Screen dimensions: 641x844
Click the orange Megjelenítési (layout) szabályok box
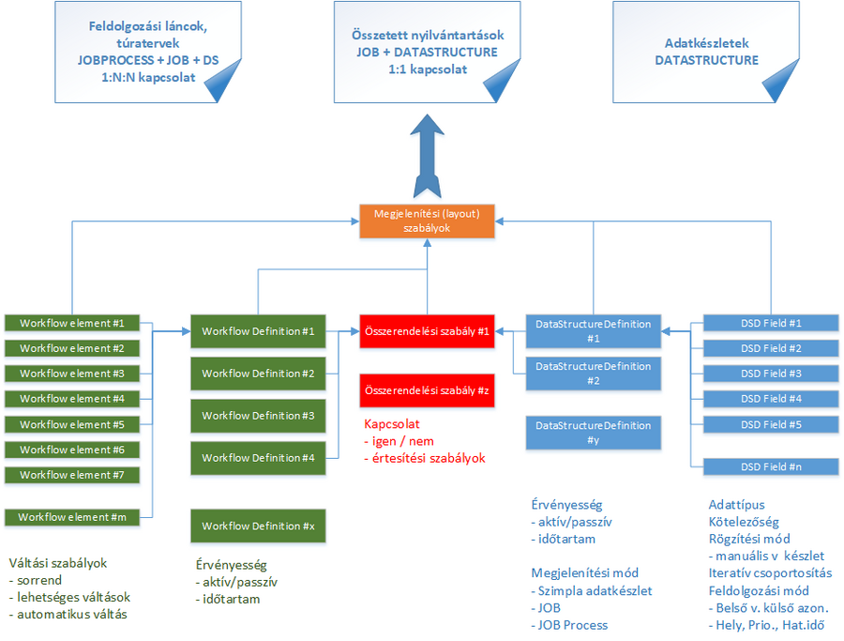click(x=427, y=221)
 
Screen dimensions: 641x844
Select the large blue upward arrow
click(x=427, y=156)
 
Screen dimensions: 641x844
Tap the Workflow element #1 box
click(x=72, y=323)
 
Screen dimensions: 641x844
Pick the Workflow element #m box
click(x=72, y=517)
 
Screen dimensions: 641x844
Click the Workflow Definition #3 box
click(x=258, y=416)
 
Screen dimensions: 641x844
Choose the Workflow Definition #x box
click(x=258, y=526)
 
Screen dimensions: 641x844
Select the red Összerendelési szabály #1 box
click(x=427, y=331)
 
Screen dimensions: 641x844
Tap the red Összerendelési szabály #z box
click(x=427, y=389)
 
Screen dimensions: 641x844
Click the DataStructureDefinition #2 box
click(x=593, y=374)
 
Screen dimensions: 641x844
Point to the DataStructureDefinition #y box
click(x=593, y=433)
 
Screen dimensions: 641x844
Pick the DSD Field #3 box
click(x=771, y=374)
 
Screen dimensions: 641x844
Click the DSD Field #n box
click(x=771, y=466)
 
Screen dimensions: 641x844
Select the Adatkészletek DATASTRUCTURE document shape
click(x=705, y=52)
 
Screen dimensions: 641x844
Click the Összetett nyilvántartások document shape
click(x=426, y=52)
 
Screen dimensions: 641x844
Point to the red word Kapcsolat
click(x=392, y=424)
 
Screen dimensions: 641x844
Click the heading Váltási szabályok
click(x=57, y=563)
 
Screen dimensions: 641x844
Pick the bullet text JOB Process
click(x=573, y=625)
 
